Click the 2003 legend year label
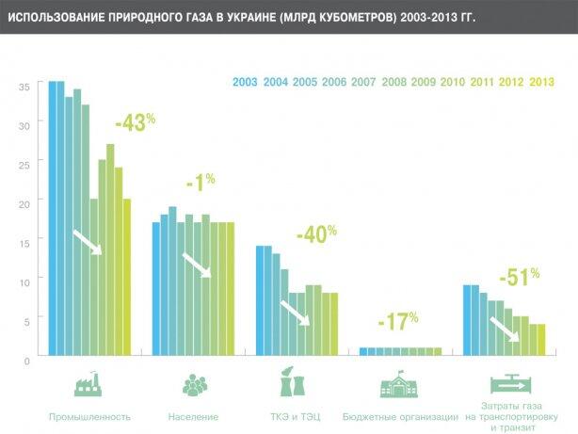(246, 82)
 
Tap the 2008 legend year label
(394, 82)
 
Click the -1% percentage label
(201, 184)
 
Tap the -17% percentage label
(398, 322)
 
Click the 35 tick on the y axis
(25, 86)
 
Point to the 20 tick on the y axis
(25, 202)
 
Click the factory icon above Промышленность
(89, 386)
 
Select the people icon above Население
(194, 385)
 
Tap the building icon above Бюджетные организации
(399, 386)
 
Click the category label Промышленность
(89, 416)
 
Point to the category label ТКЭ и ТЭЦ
(295, 416)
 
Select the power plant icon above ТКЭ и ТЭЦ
(295, 385)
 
